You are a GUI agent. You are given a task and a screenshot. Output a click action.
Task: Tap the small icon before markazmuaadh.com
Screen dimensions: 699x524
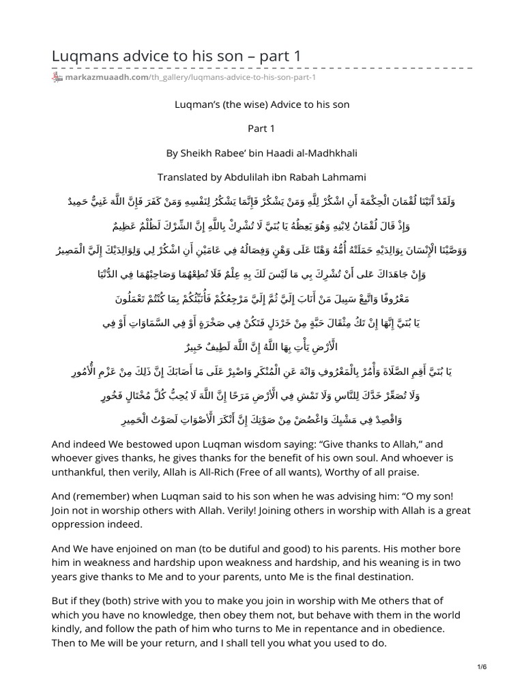tap(57, 78)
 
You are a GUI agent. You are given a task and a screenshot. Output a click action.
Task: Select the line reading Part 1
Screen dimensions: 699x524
tap(262, 128)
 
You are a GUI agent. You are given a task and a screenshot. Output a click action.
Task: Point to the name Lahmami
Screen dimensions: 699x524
tap(342, 177)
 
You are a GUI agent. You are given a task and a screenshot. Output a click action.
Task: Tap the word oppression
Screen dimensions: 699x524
tap(83, 525)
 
